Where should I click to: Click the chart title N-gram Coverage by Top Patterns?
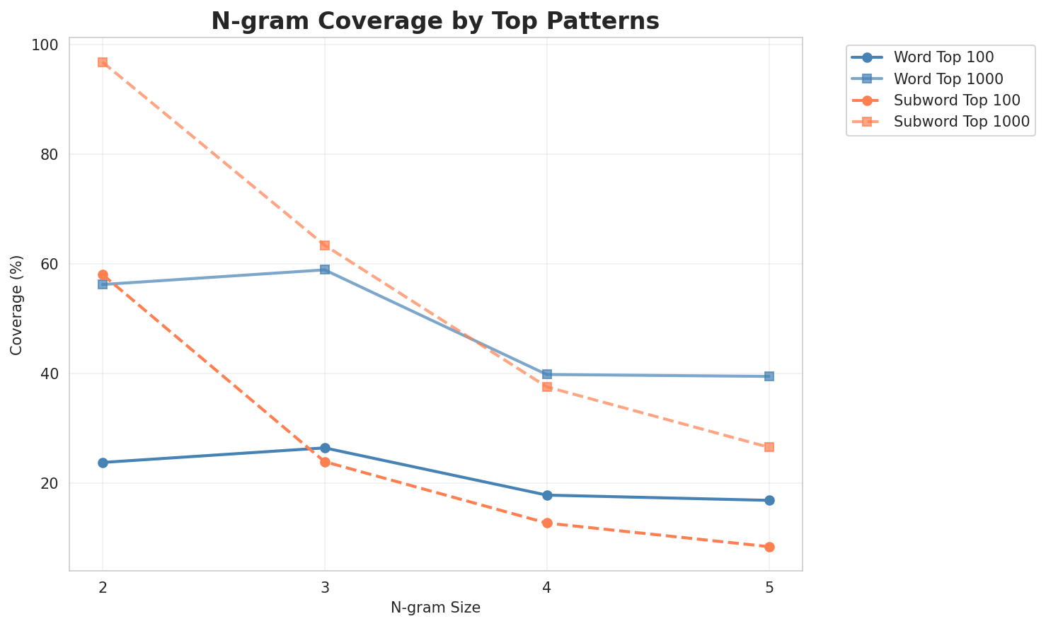[435, 21]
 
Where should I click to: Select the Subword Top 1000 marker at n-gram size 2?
[103, 62]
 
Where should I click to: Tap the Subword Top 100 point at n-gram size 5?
[769, 547]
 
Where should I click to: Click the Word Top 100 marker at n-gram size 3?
[325, 448]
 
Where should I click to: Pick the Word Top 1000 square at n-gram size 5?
[769, 376]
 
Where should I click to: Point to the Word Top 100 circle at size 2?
[103, 463]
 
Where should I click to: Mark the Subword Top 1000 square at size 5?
[769, 447]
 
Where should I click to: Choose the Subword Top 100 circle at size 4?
[547, 523]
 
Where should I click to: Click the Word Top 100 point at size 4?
[547, 495]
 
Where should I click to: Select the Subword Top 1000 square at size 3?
[325, 245]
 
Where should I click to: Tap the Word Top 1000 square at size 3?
[325, 269]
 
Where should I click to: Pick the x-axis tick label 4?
[547, 587]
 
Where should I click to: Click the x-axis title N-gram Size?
[435, 608]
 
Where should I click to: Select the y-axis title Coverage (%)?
[16, 305]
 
